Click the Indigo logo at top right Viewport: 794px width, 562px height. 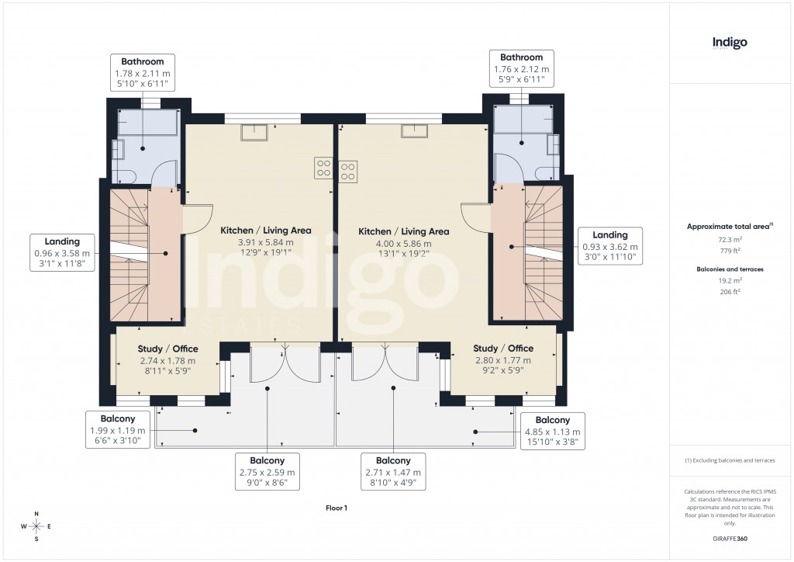[x=730, y=43]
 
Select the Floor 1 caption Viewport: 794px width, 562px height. [x=337, y=508]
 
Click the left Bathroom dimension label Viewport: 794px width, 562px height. [x=142, y=72]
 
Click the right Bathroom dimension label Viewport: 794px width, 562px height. [x=521, y=68]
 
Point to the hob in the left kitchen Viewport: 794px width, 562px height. [x=323, y=168]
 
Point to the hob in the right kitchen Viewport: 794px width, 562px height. [x=348, y=170]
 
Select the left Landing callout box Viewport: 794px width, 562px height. [x=62, y=253]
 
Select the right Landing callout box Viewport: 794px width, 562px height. [x=609, y=247]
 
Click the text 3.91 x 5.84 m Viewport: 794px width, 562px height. [x=265, y=242]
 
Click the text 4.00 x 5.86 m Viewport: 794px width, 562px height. [x=403, y=244]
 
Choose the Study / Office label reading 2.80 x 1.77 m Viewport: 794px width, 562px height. [x=502, y=360]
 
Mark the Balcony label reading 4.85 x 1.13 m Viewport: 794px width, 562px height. [x=553, y=432]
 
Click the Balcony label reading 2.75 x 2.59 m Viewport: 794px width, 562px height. [x=268, y=472]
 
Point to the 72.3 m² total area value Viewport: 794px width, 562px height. [x=730, y=241]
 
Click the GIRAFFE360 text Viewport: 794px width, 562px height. [x=730, y=538]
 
